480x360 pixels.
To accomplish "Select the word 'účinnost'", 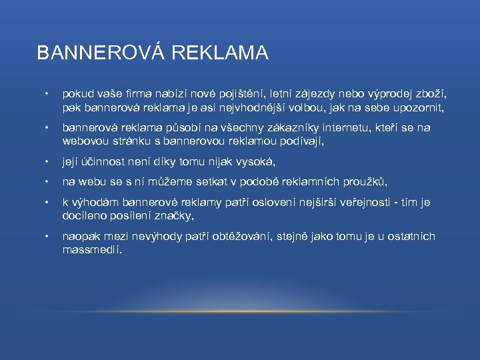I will pyautogui.click(x=105, y=162).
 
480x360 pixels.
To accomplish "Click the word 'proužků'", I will pyautogui.click(x=365, y=183).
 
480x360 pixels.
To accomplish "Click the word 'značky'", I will pyautogui.click(x=177, y=216).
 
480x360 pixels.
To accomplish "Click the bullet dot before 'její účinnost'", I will pyautogui.click(x=45, y=162).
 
